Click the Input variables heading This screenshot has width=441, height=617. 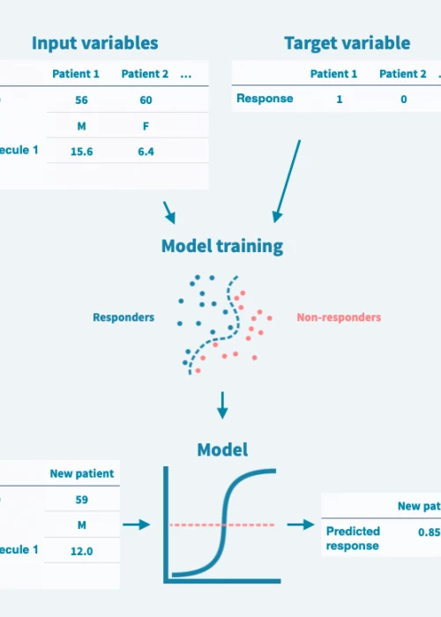[x=95, y=43]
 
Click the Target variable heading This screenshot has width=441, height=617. [x=347, y=43]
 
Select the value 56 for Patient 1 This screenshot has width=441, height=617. [x=82, y=100]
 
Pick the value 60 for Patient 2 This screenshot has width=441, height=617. [x=146, y=100]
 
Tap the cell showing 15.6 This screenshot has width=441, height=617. [x=82, y=152]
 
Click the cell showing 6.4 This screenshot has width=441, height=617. [x=146, y=152]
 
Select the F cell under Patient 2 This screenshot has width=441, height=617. [x=146, y=126]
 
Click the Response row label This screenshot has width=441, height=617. [x=265, y=99]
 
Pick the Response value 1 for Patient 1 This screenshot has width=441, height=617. [x=340, y=100]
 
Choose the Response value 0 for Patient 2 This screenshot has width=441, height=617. [x=403, y=100]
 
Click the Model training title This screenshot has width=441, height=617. [x=222, y=246]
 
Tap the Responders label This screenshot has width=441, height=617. [x=123, y=317]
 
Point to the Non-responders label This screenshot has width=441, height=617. [x=339, y=317]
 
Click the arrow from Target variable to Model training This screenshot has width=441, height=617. [x=288, y=181]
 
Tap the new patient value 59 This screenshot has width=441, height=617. [x=82, y=500]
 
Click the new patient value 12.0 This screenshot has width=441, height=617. [x=82, y=550]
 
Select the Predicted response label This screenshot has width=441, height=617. [x=353, y=538]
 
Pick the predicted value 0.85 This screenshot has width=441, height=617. [x=429, y=532]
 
